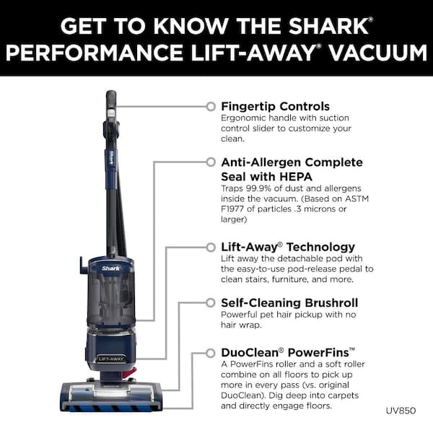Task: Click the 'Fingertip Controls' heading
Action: pyautogui.click(x=275, y=106)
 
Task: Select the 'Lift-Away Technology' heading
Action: pyautogui.click(x=288, y=247)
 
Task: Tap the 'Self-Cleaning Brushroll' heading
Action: pyautogui.click(x=289, y=302)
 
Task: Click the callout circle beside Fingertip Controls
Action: pyautogui.click(x=210, y=106)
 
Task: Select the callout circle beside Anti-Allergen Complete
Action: pyautogui.click(x=210, y=162)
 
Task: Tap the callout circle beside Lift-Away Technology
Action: pyautogui.click(x=210, y=247)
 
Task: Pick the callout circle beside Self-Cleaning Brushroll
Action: pyautogui.click(x=210, y=302)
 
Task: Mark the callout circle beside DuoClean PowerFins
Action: pyautogui.click(x=210, y=353)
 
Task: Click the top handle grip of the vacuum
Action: pyautogui.click(x=111, y=101)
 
